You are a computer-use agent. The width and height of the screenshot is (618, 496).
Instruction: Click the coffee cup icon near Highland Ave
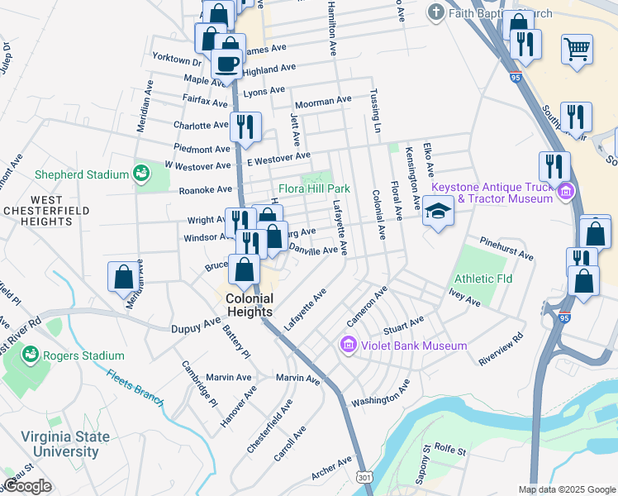tap(226, 62)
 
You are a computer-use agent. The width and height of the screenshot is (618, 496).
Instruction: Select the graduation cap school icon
tap(438, 212)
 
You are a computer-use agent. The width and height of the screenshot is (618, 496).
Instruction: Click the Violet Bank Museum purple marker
tap(348, 345)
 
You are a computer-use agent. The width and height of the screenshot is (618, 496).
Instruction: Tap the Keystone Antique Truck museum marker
tap(565, 193)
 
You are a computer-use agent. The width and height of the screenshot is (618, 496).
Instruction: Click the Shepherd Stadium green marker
tap(141, 174)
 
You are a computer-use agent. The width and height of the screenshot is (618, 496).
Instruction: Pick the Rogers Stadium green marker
tap(31, 355)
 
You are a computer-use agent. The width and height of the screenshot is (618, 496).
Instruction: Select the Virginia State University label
tap(54, 444)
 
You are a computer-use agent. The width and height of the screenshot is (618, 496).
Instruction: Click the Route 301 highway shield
tap(364, 478)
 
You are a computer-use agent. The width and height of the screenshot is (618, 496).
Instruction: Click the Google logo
tap(27, 486)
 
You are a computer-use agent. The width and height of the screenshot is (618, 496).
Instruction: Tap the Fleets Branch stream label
tap(135, 386)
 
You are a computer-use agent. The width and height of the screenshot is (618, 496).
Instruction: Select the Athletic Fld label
tap(483, 279)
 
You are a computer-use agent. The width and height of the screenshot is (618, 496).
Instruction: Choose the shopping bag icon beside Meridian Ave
tap(123, 275)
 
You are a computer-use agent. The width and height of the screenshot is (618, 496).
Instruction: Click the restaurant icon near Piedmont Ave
tap(245, 126)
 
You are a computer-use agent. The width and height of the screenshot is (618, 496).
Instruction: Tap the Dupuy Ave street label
tap(196, 327)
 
